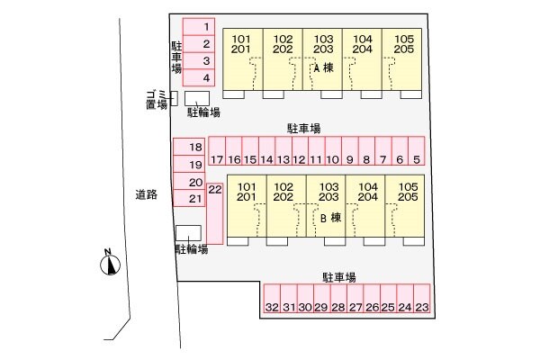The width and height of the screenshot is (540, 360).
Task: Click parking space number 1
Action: [199, 27]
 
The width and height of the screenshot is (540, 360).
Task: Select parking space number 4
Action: [199, 77]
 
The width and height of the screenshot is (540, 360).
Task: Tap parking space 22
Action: [215, 213]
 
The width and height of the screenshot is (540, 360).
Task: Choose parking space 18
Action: [189, 147]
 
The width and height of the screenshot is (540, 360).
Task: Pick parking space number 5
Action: [417, 151]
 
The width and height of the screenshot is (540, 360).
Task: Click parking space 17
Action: [217, 151]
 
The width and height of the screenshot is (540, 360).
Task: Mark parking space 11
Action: [317, 151]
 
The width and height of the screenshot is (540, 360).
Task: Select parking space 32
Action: [272, 298]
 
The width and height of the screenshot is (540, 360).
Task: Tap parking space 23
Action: [422, 298]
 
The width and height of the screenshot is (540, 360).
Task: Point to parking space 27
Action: [355, 298]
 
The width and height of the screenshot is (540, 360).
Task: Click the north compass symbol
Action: [110, 264]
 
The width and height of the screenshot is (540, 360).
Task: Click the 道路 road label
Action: [147, 195]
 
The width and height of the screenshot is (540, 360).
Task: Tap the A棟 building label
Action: [324, 67]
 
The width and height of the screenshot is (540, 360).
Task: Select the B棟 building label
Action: [330, 218]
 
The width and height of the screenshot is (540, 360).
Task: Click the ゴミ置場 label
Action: [157, 100]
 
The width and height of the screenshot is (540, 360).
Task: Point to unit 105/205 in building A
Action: [402, 59]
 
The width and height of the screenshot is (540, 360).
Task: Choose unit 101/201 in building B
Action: [247, 206]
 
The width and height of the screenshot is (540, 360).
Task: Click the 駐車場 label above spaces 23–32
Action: [339, 277]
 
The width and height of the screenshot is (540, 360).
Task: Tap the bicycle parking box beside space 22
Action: [188, 233]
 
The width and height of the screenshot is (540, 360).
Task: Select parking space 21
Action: [189, 198]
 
